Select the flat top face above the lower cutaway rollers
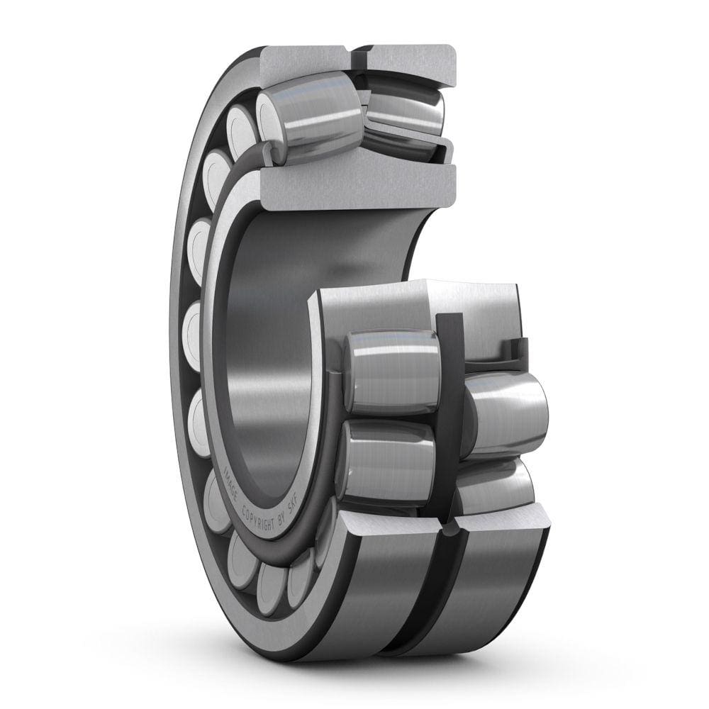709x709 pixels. [418, 298]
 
